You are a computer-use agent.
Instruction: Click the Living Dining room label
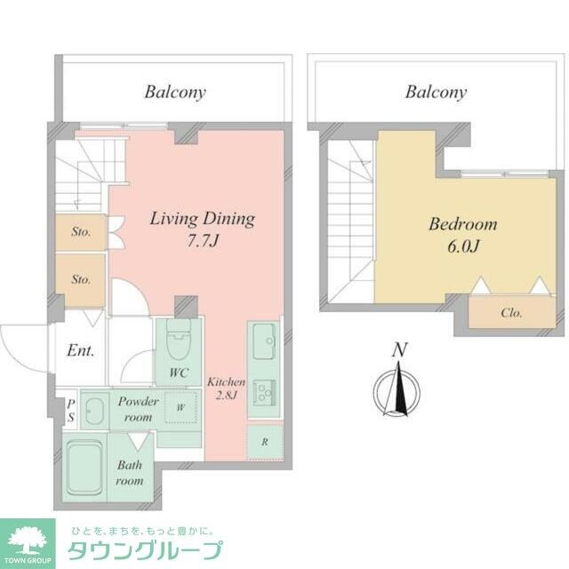tap(202, 218)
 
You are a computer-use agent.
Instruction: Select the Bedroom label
tap(462, 224)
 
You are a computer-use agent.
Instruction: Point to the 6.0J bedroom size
tap(461, 247)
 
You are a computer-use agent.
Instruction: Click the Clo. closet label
tap(510, 313)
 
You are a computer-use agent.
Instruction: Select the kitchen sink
tap(264, 342)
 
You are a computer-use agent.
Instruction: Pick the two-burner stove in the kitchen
tap(264, 391)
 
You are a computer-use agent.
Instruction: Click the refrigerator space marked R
tap(264, 441)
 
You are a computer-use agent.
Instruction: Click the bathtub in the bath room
tap(85, 459)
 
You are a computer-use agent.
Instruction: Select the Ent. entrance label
tap(81, 350)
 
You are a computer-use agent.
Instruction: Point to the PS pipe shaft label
tap(70, 410)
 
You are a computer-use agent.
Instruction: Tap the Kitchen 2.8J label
tap(226, 389)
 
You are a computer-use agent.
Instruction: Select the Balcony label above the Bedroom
tap(437, 92)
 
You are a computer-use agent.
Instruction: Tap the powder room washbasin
tap(97, 408)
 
